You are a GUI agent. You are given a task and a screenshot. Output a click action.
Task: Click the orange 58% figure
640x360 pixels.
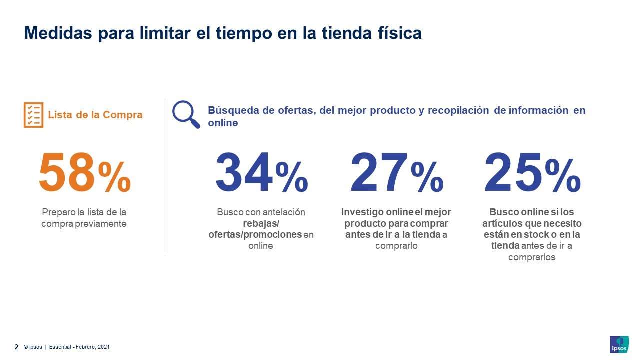point(84,173)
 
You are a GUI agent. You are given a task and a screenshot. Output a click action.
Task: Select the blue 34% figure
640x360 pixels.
point(261,173)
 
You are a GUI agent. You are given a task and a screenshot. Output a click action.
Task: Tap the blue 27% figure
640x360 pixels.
point(396,173)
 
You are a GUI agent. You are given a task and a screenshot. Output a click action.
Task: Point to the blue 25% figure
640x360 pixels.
point(532,173)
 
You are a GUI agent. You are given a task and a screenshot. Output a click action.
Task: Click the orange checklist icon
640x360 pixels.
point(33,115)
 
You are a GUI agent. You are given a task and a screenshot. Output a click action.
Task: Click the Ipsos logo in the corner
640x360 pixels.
point(619,344)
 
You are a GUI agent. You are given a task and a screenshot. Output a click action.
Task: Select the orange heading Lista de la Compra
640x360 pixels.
point(95,115)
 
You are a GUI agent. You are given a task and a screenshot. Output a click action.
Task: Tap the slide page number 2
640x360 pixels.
point(16,347)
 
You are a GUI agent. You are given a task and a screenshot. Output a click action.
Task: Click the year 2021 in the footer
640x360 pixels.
point(103,347)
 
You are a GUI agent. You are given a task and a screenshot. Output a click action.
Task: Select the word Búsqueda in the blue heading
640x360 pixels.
point(231,110)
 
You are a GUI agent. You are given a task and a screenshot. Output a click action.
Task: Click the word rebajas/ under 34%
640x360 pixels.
point(261,223)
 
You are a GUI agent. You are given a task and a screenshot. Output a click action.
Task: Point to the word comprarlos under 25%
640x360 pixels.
point(532,257)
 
